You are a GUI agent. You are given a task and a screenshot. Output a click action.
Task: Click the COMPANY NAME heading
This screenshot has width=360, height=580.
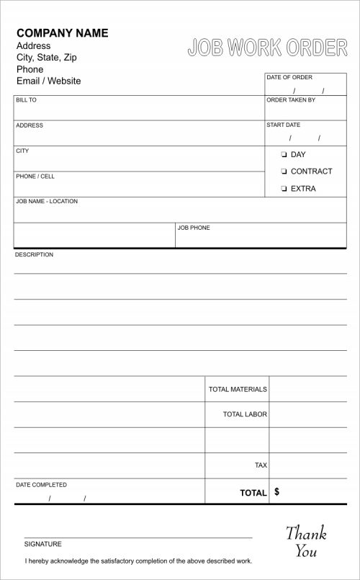62,33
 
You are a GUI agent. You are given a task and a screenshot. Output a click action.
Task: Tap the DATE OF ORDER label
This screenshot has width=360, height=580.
289,77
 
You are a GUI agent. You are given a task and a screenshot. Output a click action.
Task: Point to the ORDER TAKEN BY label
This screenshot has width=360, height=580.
291,100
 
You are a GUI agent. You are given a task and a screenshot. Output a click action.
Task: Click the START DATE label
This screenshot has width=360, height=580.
283,125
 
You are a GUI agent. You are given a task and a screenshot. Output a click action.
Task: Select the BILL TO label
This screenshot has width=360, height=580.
26,100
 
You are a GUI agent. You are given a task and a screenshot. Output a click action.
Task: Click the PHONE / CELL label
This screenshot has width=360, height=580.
35,176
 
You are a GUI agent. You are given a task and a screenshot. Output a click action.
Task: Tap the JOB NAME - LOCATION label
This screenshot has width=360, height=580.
47,201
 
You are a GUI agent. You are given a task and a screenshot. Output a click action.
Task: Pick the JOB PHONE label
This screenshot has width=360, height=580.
194,228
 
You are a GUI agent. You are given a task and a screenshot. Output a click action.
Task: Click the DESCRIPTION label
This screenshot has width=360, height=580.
35,254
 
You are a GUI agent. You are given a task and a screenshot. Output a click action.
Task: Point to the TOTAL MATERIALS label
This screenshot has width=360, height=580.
238,389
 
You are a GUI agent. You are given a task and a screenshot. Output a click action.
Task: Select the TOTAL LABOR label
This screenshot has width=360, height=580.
245,414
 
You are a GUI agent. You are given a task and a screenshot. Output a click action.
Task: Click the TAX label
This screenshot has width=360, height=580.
261,465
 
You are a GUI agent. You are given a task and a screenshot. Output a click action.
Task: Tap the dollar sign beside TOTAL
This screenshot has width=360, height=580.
277,492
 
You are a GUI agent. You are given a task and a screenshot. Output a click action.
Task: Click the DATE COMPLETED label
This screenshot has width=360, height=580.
41,485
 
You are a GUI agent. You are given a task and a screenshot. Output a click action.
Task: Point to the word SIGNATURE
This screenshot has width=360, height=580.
43,544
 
